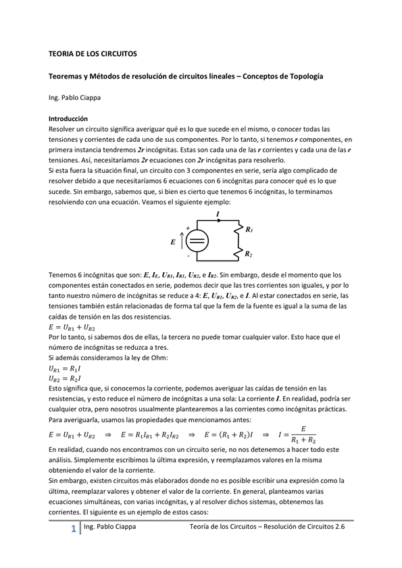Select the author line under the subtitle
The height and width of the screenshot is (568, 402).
pos(74,98)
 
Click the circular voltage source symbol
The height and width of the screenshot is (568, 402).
pos(197,240)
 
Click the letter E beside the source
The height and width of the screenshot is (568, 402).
pos(174,241)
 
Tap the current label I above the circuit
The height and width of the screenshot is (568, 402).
pos(218,213)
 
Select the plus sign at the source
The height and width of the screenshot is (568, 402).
pos(187,228)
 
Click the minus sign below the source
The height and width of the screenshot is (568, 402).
pos(188,256)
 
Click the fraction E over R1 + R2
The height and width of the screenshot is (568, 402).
pos(303,434)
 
